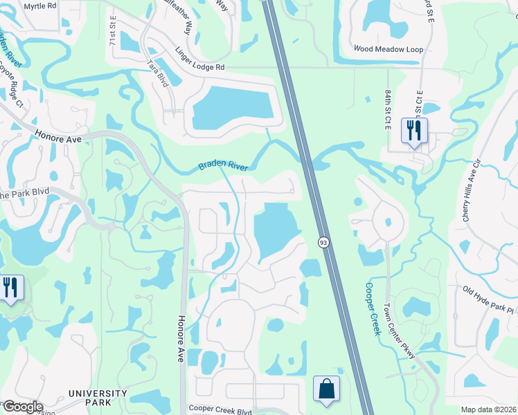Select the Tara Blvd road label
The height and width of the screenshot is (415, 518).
158,72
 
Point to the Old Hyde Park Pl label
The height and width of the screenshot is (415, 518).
489,301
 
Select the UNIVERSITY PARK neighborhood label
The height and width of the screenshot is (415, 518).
98,398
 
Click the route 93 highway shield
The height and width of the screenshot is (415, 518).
323,242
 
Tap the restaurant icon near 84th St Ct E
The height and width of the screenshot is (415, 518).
414,131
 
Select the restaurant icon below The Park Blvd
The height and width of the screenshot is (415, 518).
10,287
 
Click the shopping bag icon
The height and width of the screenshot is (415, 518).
326,389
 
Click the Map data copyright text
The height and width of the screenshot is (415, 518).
488,409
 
